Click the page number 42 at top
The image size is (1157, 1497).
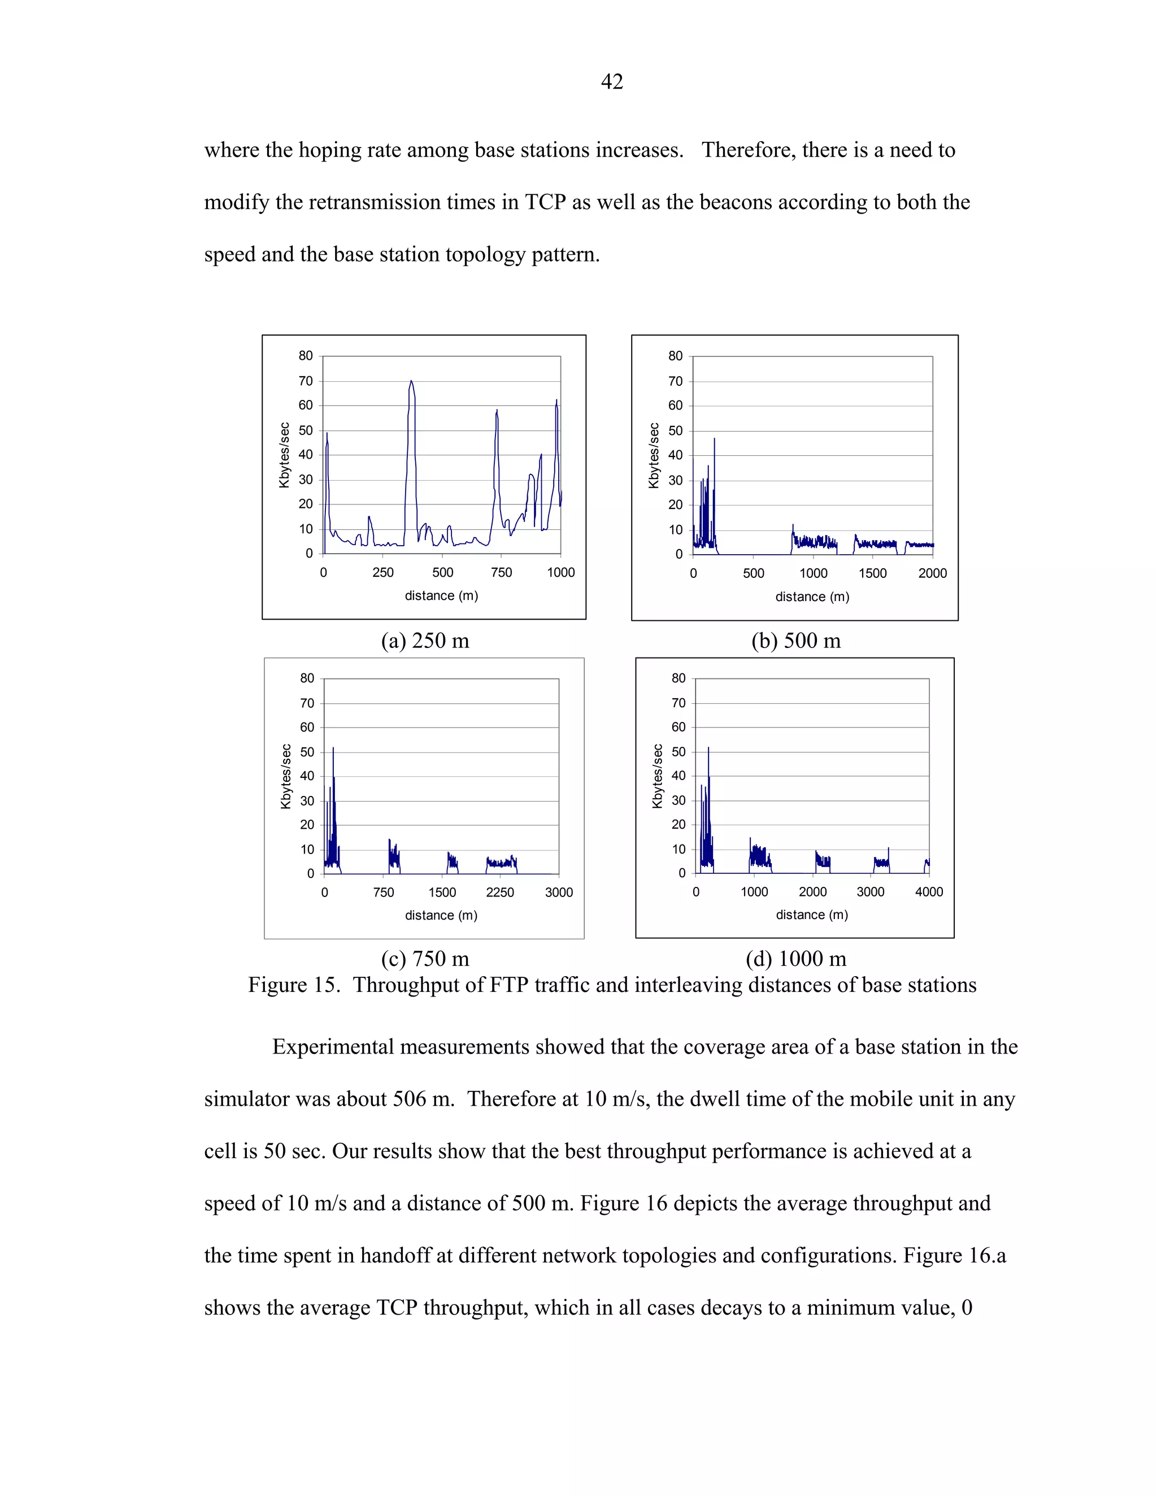[611, 81]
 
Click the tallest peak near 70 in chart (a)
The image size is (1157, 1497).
[411, 382]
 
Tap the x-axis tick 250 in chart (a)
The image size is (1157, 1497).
[382, 572]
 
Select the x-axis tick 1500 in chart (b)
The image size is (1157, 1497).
[872, 573]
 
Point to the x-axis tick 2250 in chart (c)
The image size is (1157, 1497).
[499, 893]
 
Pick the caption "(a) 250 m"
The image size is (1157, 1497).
[425, 640]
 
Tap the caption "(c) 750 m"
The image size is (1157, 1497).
[425, 958]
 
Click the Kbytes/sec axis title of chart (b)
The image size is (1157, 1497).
[653, 455]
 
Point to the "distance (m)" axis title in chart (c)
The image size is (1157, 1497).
[441, 915]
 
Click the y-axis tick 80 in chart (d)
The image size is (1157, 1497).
[678, 678]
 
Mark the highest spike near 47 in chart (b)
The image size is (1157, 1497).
[714, 439]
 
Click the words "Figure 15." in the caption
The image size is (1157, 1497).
[293, 985]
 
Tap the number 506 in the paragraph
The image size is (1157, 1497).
[409, 1099]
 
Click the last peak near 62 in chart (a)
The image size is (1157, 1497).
[556, 401]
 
